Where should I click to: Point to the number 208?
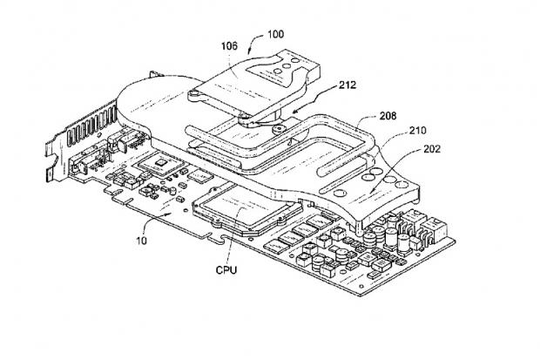click(390, 114)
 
